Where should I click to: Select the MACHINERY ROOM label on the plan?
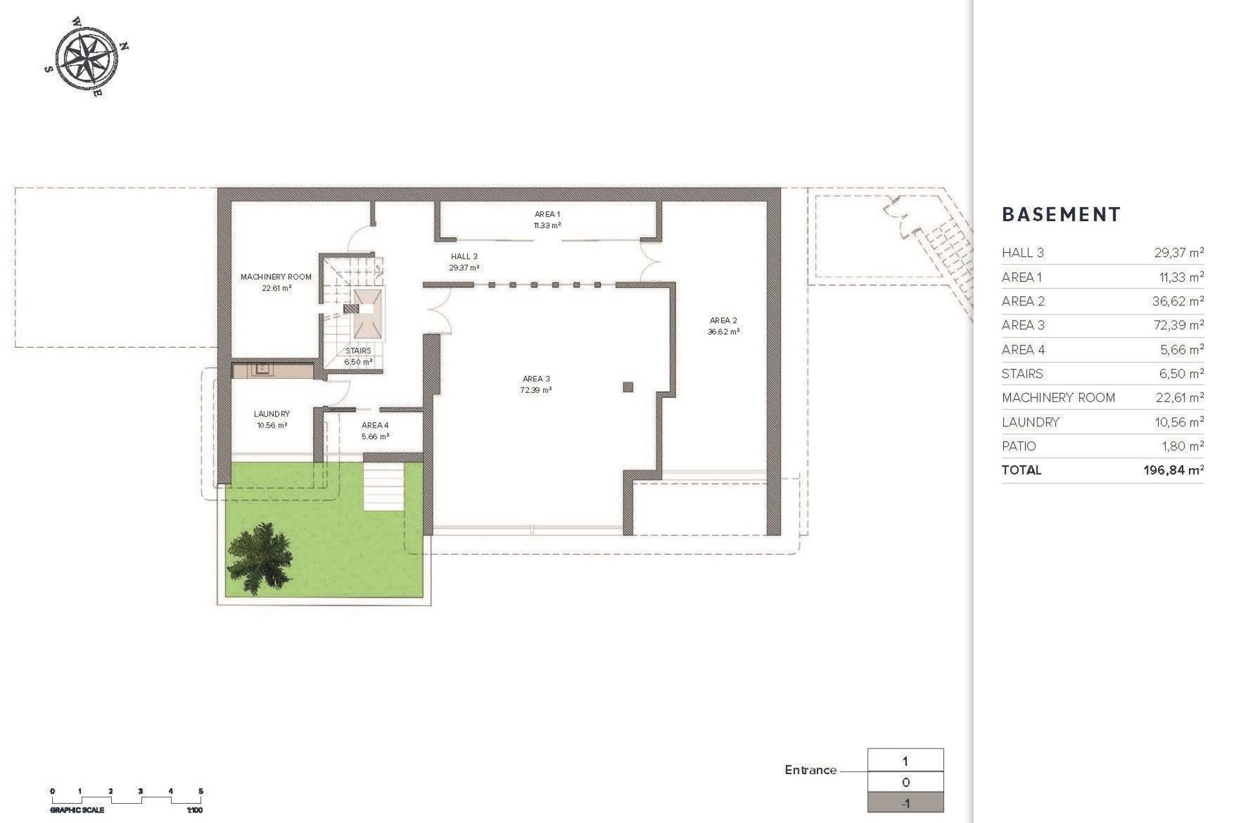[x=276, y=277]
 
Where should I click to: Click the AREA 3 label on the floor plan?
[x=535, y=379]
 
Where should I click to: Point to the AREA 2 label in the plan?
[x=723, y=321]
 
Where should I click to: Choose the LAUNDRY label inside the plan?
[x=272, y=414]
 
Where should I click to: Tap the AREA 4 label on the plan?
[x=375, y=426]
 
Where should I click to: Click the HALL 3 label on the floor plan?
[x=464, y=257]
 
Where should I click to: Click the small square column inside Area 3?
[x=628, y=386]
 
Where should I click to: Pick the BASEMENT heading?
[x=1061, y=215]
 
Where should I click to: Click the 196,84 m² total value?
[x=1173, y=471]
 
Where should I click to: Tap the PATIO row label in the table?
[x=1019, y=446]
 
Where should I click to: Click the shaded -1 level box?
[x=906, y=802]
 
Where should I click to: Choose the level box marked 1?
[x=906, y=761]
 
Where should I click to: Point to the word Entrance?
[x=810, y=770]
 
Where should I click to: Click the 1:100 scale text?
[x=195, y=810]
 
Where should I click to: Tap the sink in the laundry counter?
[x=262, y=369]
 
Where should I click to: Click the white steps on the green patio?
[x=384, y=487]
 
